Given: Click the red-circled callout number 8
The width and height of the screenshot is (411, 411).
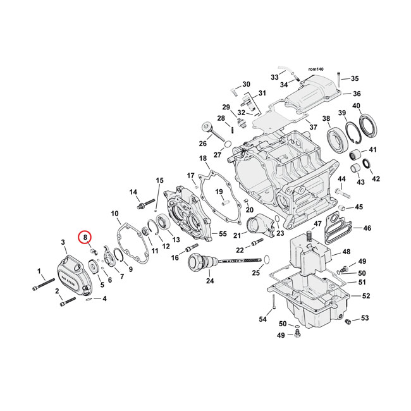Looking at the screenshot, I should (84, 237).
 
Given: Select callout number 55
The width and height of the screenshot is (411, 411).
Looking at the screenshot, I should (221, 233).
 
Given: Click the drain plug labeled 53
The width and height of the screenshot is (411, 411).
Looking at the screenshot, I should (347, 323).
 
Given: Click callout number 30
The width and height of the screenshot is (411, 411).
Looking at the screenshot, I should (246, 84).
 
